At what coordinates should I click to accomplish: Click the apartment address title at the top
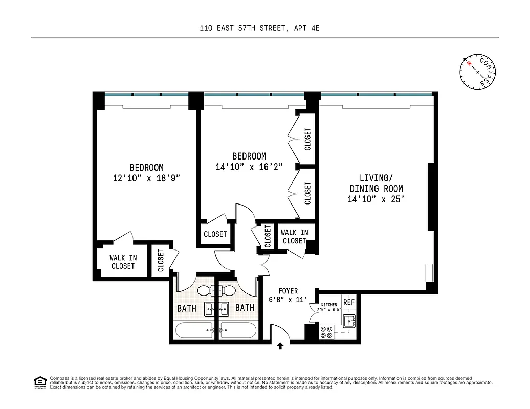pos(259,29)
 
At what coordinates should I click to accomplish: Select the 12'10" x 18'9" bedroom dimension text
pos(146,178)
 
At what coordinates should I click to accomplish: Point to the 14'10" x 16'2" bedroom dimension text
pos(249,167)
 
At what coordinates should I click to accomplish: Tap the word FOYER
pos(288,291)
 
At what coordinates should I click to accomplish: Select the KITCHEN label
pos(326,305)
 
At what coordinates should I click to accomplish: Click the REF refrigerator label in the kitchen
pos(349,302)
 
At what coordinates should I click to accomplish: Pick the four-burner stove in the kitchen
pos(326,333)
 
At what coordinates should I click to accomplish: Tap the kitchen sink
pos(349,322)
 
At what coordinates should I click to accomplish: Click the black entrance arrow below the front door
pos(280,346)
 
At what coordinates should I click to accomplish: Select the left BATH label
pos(187,308)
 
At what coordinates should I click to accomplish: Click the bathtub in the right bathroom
pos(238,330)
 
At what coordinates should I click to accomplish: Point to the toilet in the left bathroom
pos(205,291)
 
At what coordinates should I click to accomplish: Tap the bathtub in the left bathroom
pos(195,330)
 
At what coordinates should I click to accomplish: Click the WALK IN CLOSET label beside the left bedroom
pos(123,262)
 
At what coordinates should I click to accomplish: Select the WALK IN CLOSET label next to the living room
pos(295,237)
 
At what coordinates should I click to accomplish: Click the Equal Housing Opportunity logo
pos(39,381)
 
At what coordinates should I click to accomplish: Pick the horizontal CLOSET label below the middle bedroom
pos(215,234)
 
